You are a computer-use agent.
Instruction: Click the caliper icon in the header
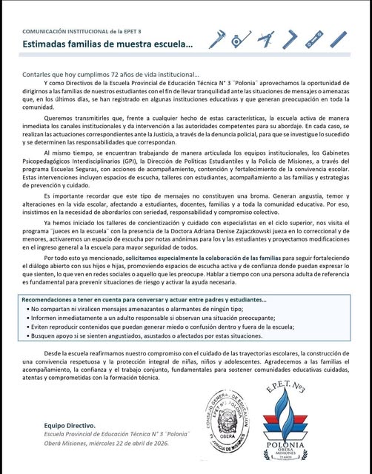click(x=217, y=39)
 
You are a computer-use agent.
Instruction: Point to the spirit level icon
click(x=314, y=39)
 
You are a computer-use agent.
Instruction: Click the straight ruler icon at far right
click(x=339, y=39)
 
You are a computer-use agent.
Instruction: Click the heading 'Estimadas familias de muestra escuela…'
click(x=107, y=44)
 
